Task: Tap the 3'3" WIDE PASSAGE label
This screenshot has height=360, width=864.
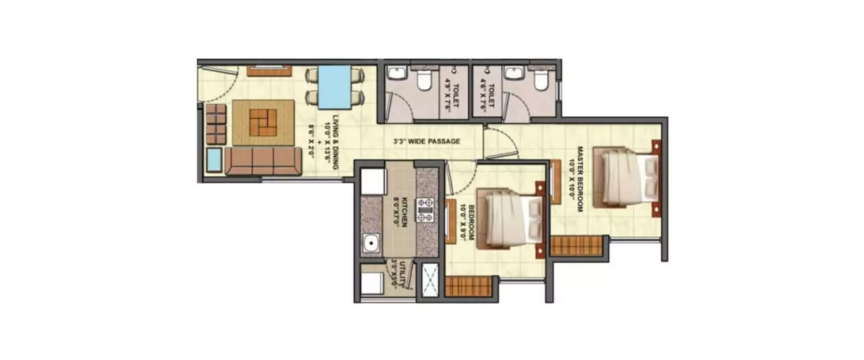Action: (427, 141)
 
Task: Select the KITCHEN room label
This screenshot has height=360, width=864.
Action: (401, 213)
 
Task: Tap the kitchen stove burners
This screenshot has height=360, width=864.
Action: (425, 210)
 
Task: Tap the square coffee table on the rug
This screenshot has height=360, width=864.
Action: (263, 122)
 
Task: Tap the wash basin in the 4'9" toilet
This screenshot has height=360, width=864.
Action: (397, 74)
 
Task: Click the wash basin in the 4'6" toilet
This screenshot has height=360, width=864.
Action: (512, 74)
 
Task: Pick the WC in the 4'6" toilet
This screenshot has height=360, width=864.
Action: (541, 81)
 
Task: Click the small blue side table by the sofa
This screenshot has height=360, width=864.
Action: (214, 160)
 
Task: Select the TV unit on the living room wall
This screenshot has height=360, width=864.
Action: (269, 71)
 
